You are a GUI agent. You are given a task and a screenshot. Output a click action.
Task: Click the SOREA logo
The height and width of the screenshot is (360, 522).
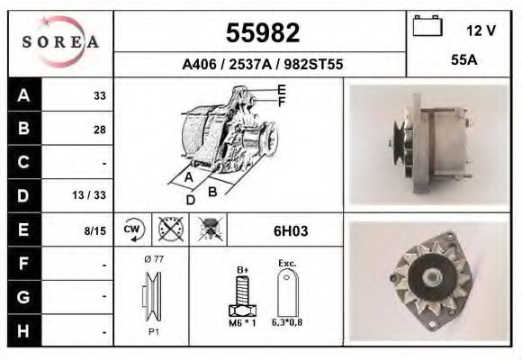(x=60, y=41)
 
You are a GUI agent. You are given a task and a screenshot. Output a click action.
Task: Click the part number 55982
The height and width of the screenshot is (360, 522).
(x=261, y=33)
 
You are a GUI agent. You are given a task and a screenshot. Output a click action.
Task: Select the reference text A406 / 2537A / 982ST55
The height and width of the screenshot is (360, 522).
(x=261, y=65)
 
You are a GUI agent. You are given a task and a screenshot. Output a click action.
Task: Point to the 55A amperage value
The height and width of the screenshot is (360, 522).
(x=463, y=64)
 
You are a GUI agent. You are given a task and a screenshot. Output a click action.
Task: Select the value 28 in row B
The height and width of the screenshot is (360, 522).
(x=99, y=130)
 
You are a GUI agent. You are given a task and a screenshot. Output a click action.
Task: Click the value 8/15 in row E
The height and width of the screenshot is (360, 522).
(x=94, y=231)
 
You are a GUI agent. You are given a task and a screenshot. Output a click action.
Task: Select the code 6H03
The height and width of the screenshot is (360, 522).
(x=290, y=231)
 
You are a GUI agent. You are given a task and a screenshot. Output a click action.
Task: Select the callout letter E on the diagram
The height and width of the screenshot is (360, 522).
(x=282, y=89)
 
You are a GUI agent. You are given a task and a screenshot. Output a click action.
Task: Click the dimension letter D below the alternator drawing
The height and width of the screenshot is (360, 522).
(x=190, y=200)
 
